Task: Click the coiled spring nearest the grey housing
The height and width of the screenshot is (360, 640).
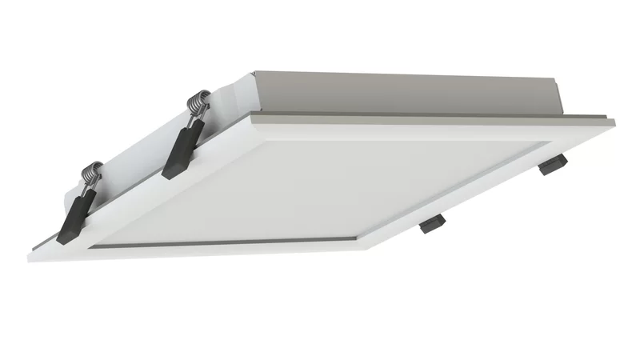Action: (196, 104)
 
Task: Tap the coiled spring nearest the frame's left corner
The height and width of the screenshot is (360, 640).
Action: (94, 174)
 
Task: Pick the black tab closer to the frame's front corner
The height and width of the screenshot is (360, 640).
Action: (432, 223)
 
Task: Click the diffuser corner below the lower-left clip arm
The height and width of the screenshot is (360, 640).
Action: (88, 244)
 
